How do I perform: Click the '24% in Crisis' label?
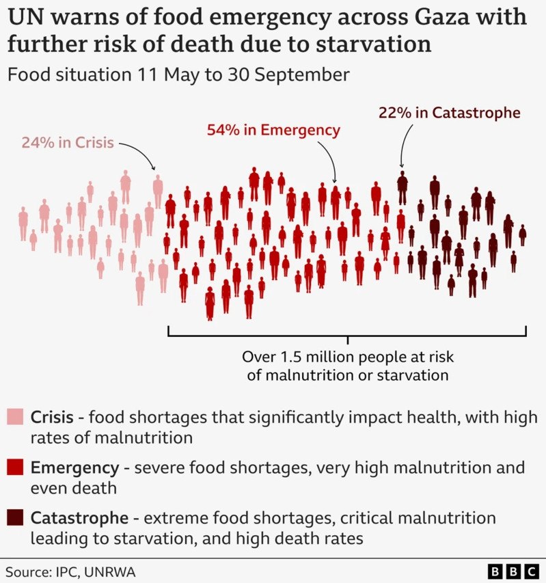pos(66,144)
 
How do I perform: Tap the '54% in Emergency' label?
pos(273,130)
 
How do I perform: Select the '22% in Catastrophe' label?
pos(449,113)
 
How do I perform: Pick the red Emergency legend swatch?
pos(15,468)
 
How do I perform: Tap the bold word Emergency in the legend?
pos(74,468)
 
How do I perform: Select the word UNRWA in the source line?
pos(106,571)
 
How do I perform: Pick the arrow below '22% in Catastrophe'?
pos(403,147)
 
